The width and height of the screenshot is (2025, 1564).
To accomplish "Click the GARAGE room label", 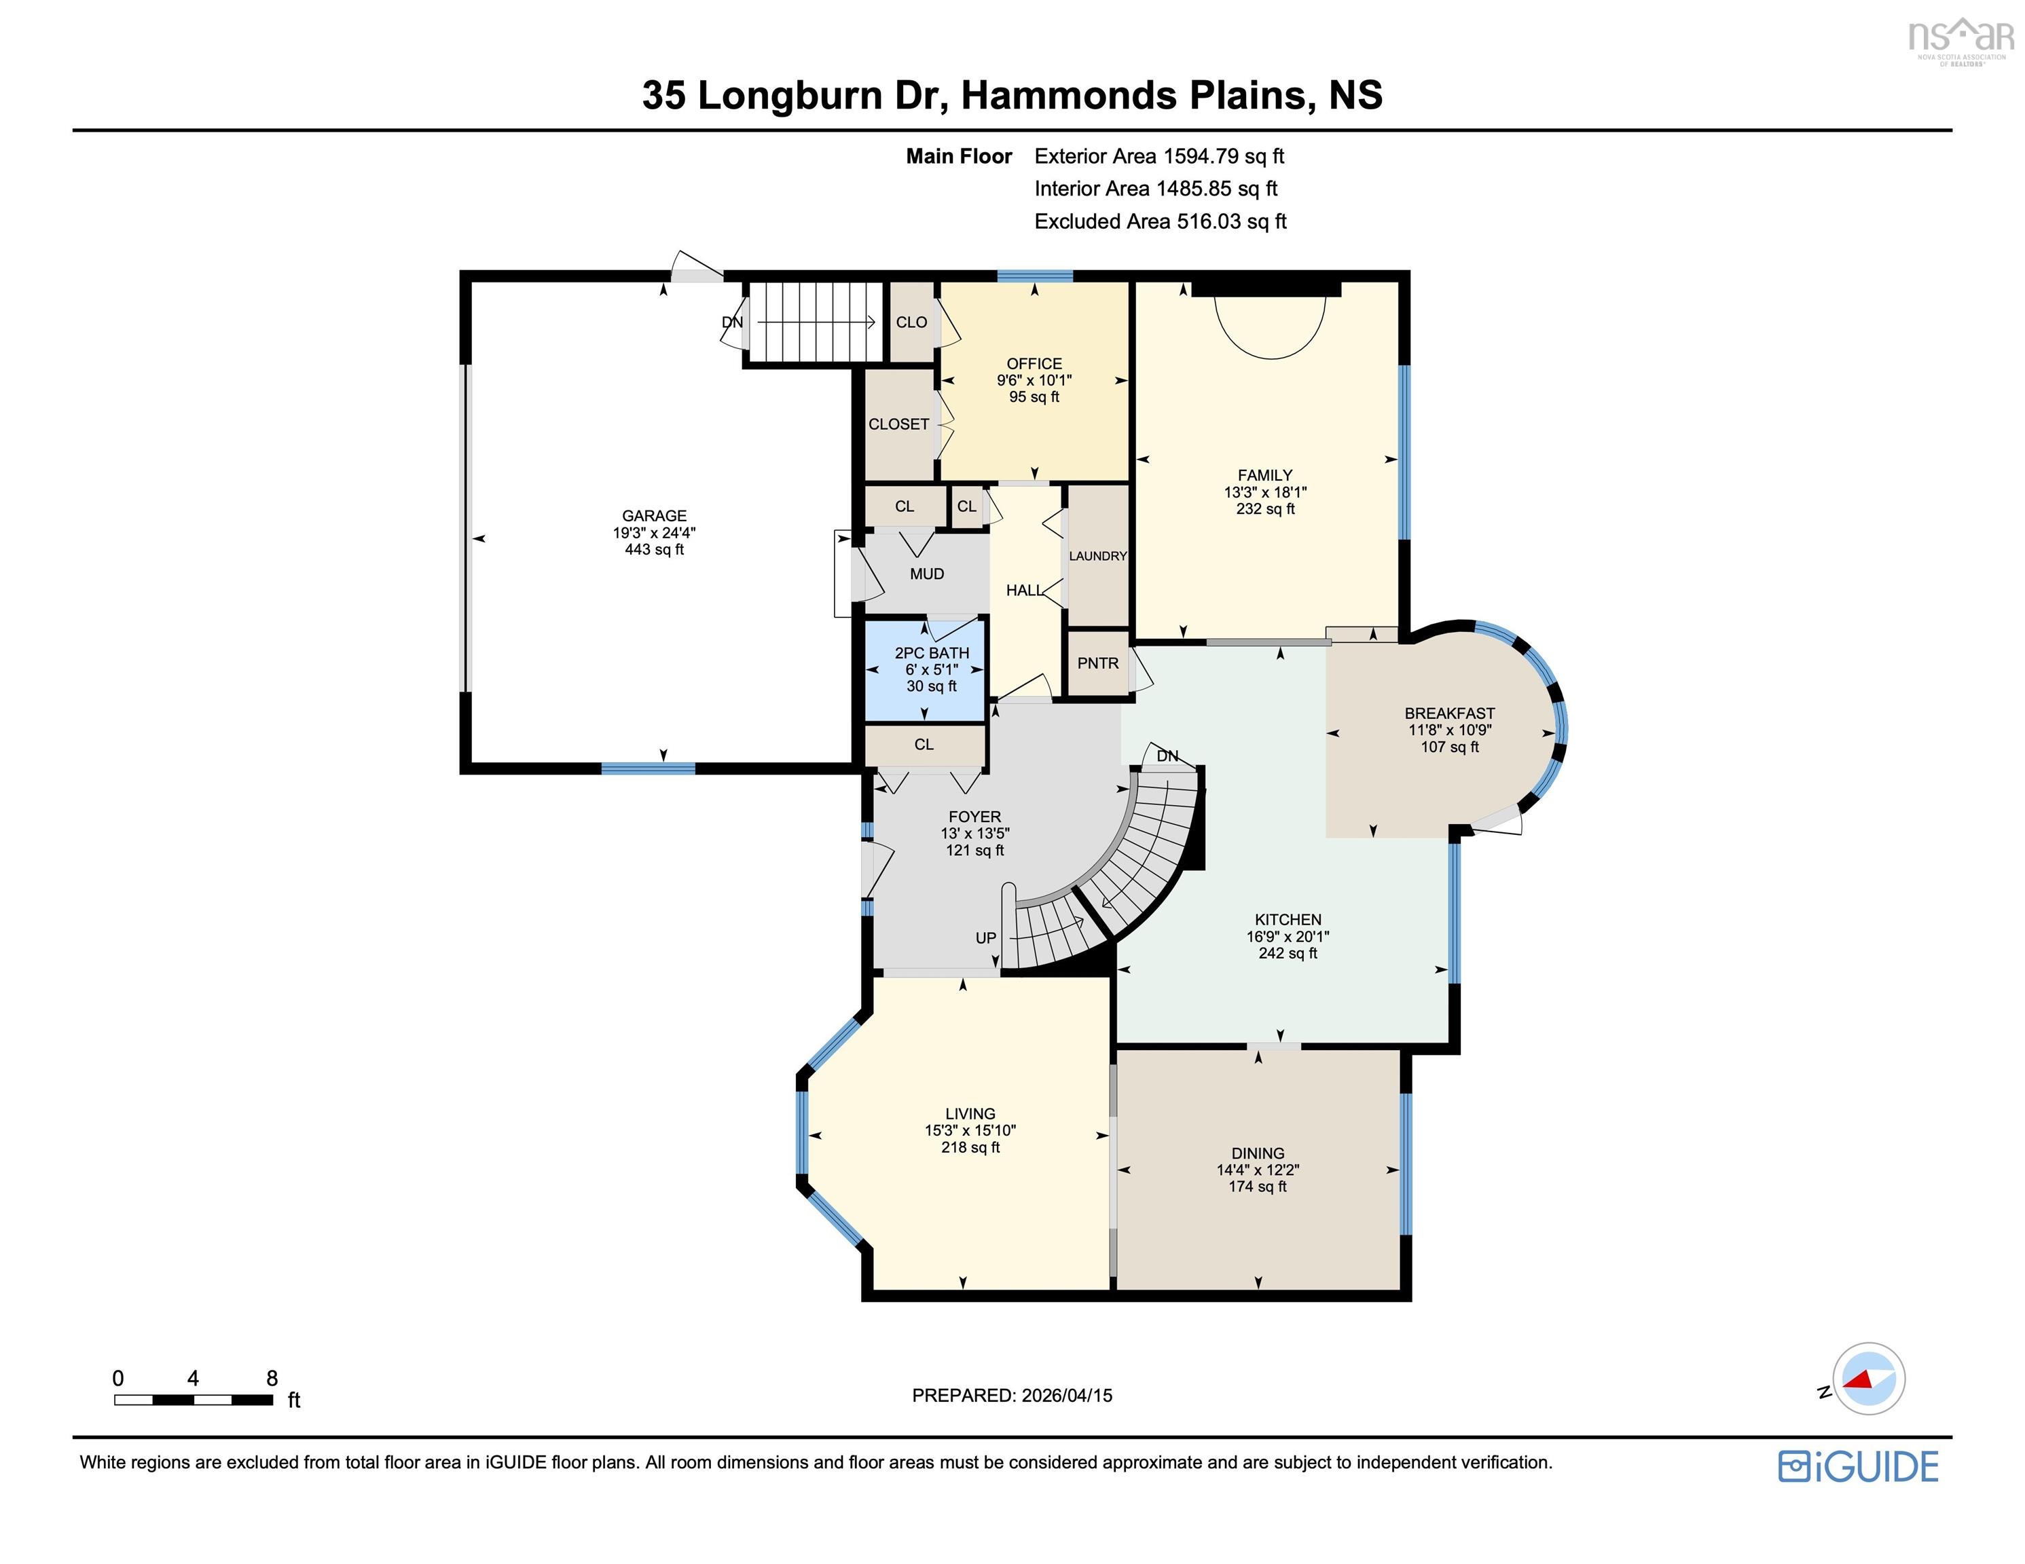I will click(x=654, y=515).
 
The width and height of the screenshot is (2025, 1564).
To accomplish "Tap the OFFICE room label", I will click(x=1034, y=363).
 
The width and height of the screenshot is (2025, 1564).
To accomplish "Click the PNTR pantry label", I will click(x=1098, y=664).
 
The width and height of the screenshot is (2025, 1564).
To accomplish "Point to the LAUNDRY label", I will click(x=1098, y=556).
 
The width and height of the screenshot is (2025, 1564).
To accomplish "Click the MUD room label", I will click(x=926, y=574).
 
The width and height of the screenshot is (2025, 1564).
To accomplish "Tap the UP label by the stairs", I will click(x=985, y=938).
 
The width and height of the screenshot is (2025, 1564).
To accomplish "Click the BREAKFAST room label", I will click(x=1449, y=713).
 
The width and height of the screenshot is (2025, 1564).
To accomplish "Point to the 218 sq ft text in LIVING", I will click(x=970, y=1148).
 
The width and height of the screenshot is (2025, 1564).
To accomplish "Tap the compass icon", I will click(x=1867, y=1379).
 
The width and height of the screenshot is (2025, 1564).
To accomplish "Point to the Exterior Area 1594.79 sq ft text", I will click(x=1159, y=157).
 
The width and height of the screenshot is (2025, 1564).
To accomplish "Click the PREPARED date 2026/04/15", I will click(x=1066, y=1395).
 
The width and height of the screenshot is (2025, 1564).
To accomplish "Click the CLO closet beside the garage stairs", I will click(x=911, y=322).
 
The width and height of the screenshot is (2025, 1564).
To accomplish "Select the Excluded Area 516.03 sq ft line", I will click(x=1160, y=221).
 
